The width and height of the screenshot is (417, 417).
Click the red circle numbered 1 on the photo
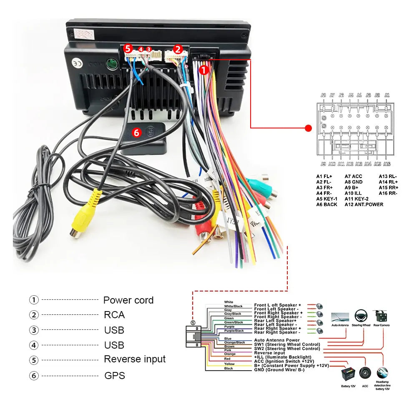203,70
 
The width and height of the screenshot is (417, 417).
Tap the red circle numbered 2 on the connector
178,49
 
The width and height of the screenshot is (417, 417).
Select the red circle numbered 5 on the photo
128,48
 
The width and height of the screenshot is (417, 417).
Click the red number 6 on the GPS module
136,133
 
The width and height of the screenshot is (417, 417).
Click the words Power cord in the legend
128,300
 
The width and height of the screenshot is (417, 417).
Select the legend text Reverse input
135,359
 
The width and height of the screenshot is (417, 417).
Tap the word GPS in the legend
115,376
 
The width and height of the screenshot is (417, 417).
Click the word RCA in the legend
114,315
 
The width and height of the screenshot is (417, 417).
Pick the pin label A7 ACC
354,176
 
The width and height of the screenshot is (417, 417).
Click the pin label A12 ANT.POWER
364,204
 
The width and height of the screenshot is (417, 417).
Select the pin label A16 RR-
388,193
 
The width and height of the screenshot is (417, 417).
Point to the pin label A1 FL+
324,176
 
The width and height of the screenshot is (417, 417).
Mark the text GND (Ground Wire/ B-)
279,369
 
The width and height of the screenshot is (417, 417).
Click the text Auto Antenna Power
277,340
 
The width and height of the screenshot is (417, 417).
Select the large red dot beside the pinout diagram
309,128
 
